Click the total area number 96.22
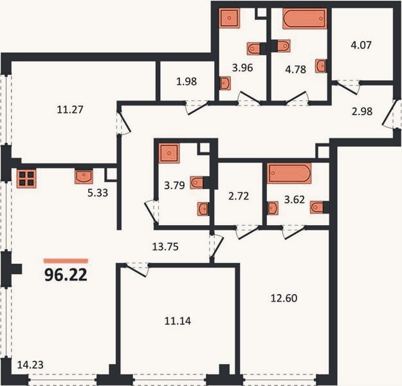pyautogui.click(x=66, y=275)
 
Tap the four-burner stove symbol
pyautogui.click(x=26, y=179)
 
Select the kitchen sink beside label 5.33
pyautogui.click(x=84, y=176)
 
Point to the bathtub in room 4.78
pyautogui.click(x=305, y=18)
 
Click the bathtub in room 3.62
pyautogui.click(x=289, y=173)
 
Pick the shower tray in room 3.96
pyautogui.click(x=230, y=18)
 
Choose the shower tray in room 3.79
pyautogui.click(x=169, y=153)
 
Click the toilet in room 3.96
pyautogui.click(x=253, y=48)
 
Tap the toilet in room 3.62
pyautogui.click(x=316, y=208)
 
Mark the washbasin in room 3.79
pyautogui.click(x=203, y=209)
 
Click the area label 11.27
pyautogui.click(x=70, y=109)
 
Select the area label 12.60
pyautogui.click(x=284, y=299)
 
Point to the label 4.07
pyautogui.click(x=361, y=45)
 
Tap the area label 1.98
pyautogui.click(x=187, y=81)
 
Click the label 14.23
pyautogui.click(x=30, y=365)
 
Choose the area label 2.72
pyautogui.click(x=239, y=196)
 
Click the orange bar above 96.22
pyautogui.click(x=66, y=261)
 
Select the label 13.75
pyautogui.click(x=165, y=247)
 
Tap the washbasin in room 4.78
pyautogui.click(x=321, y=66)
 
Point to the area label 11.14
pyautogui.click(x=178, y=321)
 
